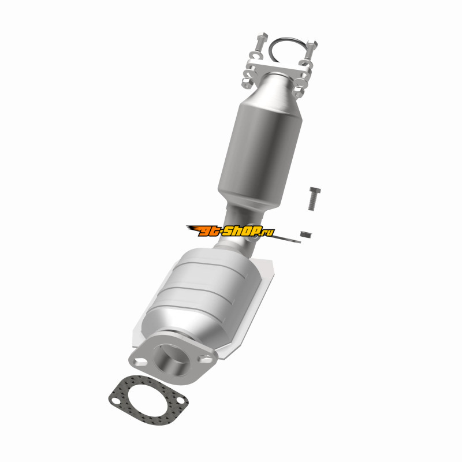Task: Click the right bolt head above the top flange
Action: click(x=312, y=44)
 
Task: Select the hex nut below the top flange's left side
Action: click(x=247, y=83)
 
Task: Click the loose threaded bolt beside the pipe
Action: click(x=314, y=198)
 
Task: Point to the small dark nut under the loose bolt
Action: click(x=306, y=234)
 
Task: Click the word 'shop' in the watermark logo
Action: click(x=241, y=230)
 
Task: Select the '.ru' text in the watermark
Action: click(x=268, y=233)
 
